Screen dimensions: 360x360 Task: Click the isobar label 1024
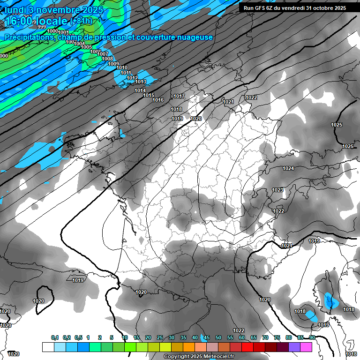pos(288,168)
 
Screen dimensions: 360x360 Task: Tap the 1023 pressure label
pos(277,190)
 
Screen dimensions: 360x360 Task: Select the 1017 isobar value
pos(179,96)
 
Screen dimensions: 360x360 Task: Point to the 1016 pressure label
pos(158,100)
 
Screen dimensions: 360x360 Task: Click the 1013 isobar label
pos(141,82)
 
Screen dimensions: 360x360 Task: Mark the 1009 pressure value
pos(113,64)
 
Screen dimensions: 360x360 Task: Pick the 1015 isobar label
pos(149,95)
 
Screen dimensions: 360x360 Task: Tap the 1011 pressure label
pos(125,73)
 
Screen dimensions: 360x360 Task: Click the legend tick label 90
pos(312,337)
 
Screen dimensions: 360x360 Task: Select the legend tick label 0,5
pos(78,337)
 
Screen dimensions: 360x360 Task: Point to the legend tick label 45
pos(207,337)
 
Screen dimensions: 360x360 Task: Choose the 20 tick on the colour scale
pos(148,337)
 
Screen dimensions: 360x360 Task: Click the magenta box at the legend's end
pos(306,347)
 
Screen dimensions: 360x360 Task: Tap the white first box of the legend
pos(48,347)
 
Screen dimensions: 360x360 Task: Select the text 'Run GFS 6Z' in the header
pos(259,8)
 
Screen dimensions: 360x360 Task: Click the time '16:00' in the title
pos(18,21)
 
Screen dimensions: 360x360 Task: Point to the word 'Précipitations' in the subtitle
pos(28,37)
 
